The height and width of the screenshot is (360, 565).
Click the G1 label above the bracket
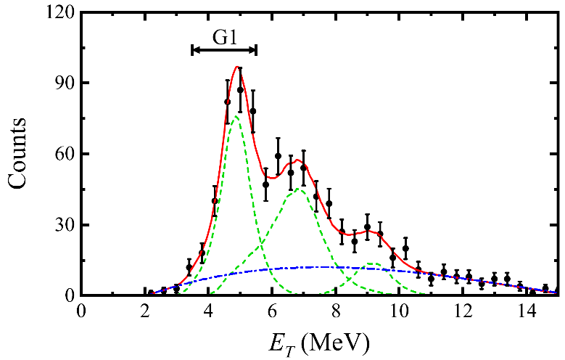(224, 36)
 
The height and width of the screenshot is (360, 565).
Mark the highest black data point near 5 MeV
(240, 90)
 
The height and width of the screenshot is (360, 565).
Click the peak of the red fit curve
(237, 67)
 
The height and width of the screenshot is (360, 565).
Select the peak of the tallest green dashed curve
(235, 116)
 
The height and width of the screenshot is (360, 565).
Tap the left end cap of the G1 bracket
(192, 49)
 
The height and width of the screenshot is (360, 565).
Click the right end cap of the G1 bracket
(256, 49)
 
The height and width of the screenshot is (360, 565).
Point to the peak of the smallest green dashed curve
(373, 263)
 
